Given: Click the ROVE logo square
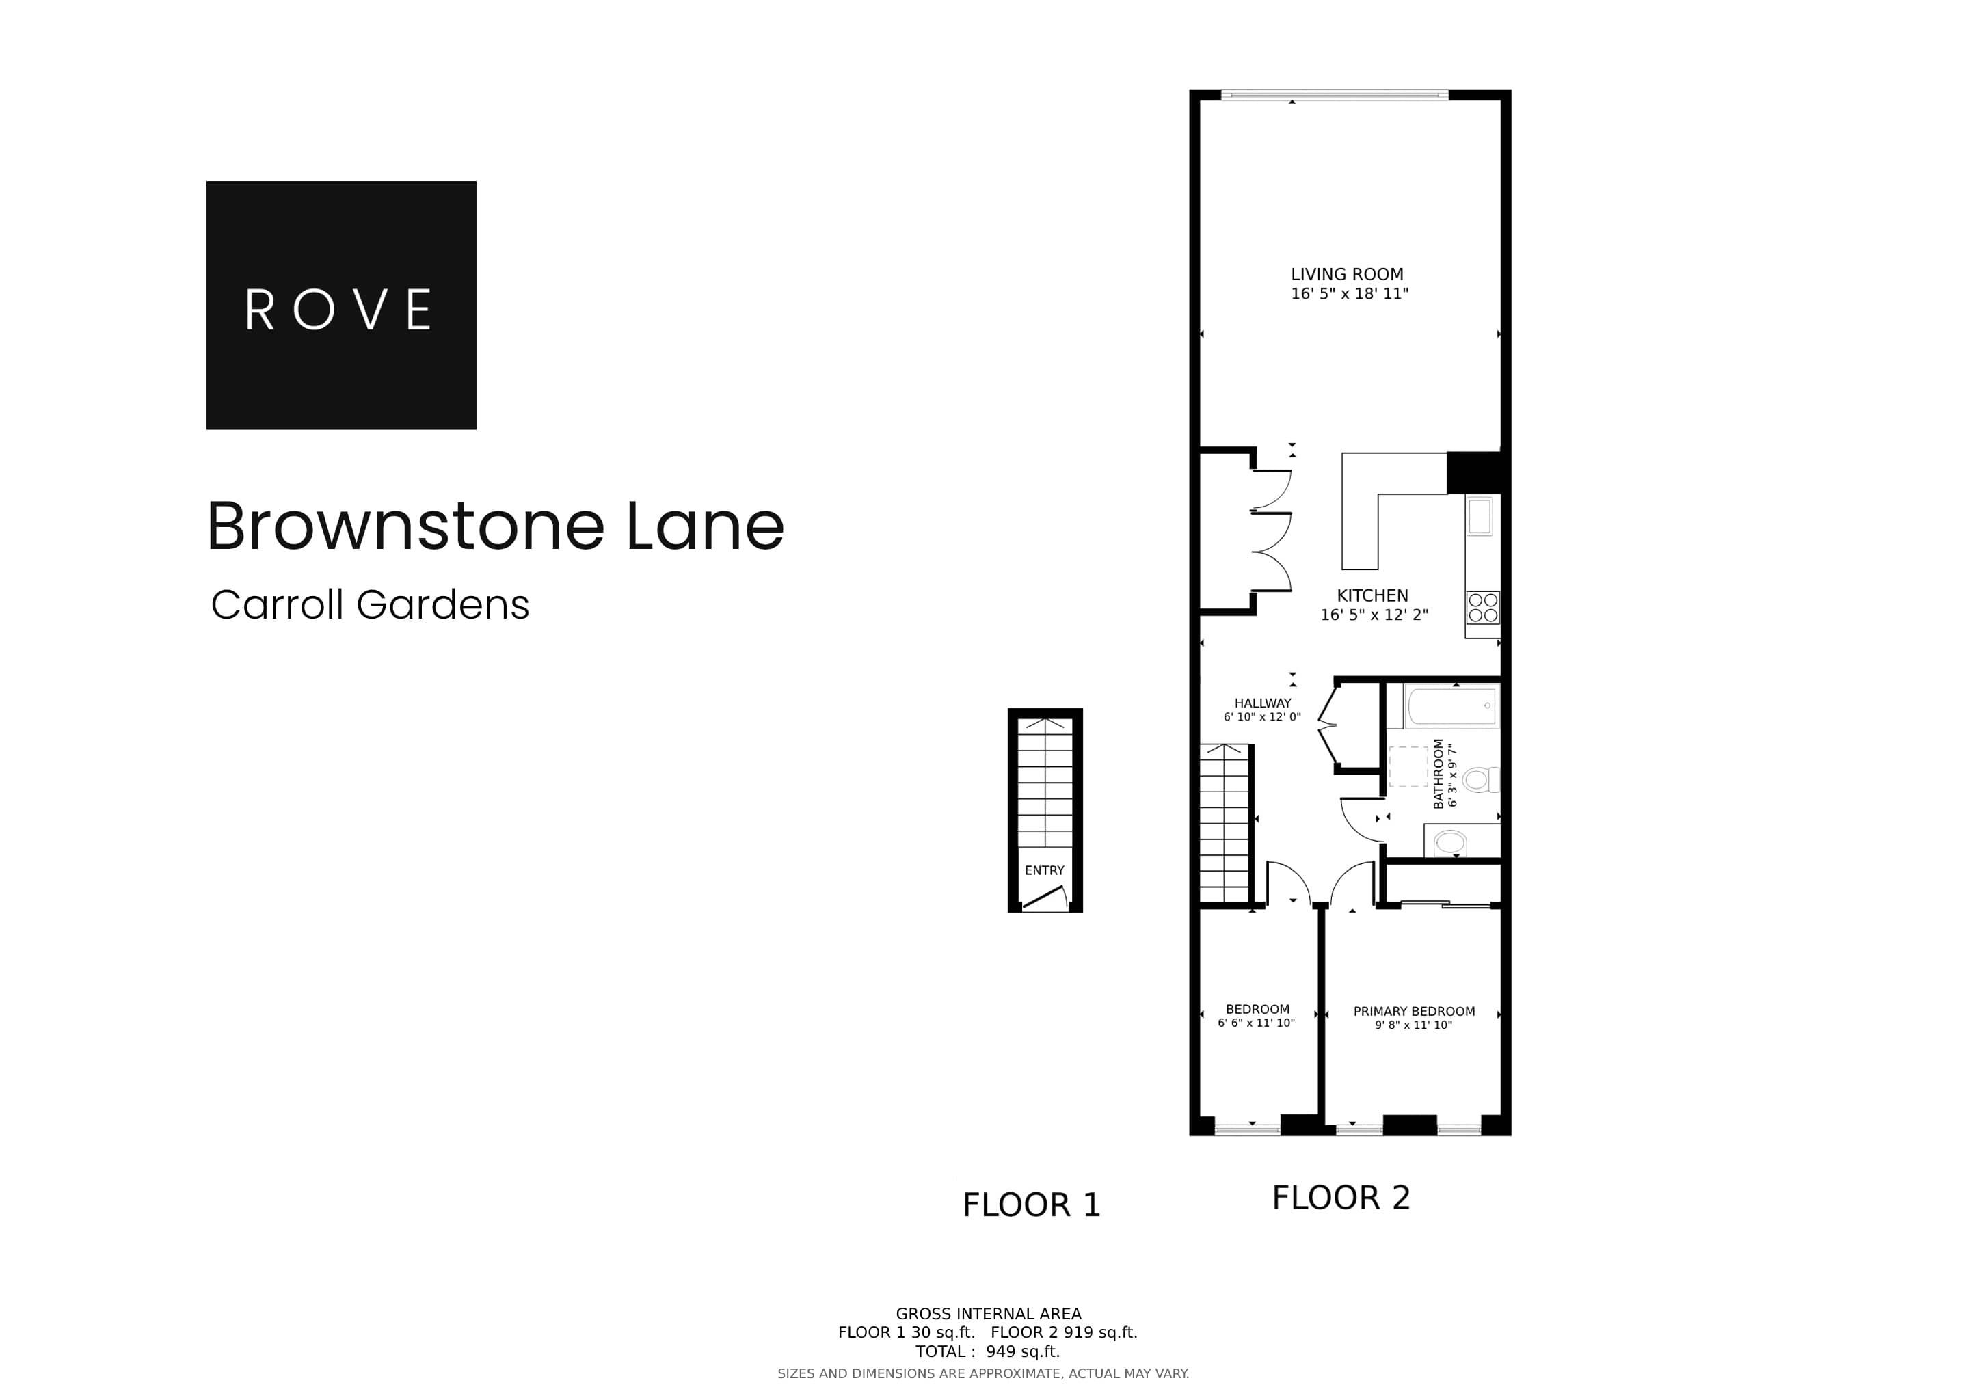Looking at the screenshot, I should [x=340, y=304].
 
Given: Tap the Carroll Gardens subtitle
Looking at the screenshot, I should [x=370, y=604].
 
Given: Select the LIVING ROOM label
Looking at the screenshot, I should [x=1346, y=274].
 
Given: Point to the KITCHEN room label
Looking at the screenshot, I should [x=1372, y=595].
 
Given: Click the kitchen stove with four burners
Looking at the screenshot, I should [x=1482, y=607].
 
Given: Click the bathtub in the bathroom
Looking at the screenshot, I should [x=1452, y=706].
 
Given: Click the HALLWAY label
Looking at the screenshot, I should [x=1263, y=703].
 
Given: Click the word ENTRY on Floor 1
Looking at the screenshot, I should [x=1044, y=870].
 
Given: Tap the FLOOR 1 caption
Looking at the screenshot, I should [x=1032, y=1205].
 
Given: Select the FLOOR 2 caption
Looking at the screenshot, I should [x=1341, y=1198].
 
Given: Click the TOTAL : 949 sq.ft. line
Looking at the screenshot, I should [x=987, y=1351].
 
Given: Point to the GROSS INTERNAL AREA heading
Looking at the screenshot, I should [x=988, y=1314].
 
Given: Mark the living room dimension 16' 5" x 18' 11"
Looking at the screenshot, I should [x=1349, y=294].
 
